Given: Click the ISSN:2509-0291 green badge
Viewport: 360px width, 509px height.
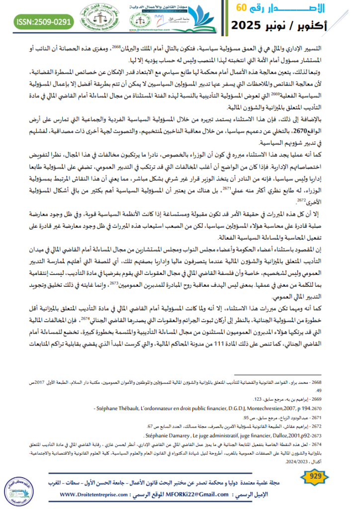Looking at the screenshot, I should pyautogui.click(x=44, y=21).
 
